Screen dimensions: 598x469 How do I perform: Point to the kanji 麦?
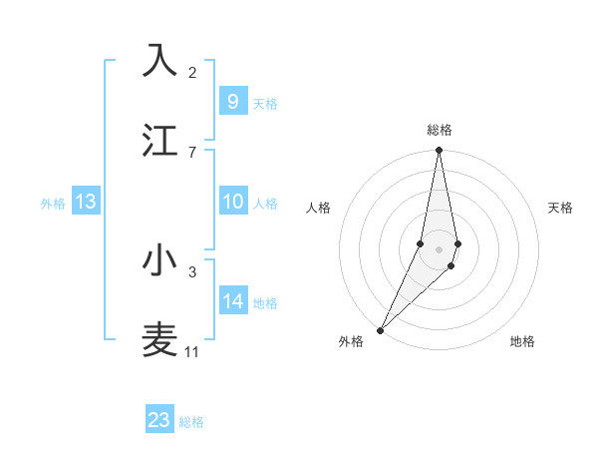159,339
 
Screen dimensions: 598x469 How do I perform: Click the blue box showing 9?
232,102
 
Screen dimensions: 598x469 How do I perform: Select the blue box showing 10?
232,202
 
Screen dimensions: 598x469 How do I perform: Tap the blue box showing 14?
232,301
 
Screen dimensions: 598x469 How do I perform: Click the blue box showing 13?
86,202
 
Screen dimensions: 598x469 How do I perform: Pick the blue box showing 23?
159,420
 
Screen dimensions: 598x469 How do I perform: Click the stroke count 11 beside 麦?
191,352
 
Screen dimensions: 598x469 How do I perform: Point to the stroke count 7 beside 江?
192,152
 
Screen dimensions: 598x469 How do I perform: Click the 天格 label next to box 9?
265,104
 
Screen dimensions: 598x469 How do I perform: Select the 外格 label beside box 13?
53,204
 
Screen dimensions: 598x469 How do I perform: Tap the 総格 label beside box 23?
191,422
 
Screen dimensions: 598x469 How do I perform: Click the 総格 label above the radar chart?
440,130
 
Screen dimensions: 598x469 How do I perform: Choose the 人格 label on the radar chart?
319,208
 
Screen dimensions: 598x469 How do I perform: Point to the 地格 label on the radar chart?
522,341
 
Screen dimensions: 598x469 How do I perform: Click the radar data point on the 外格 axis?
380,329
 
